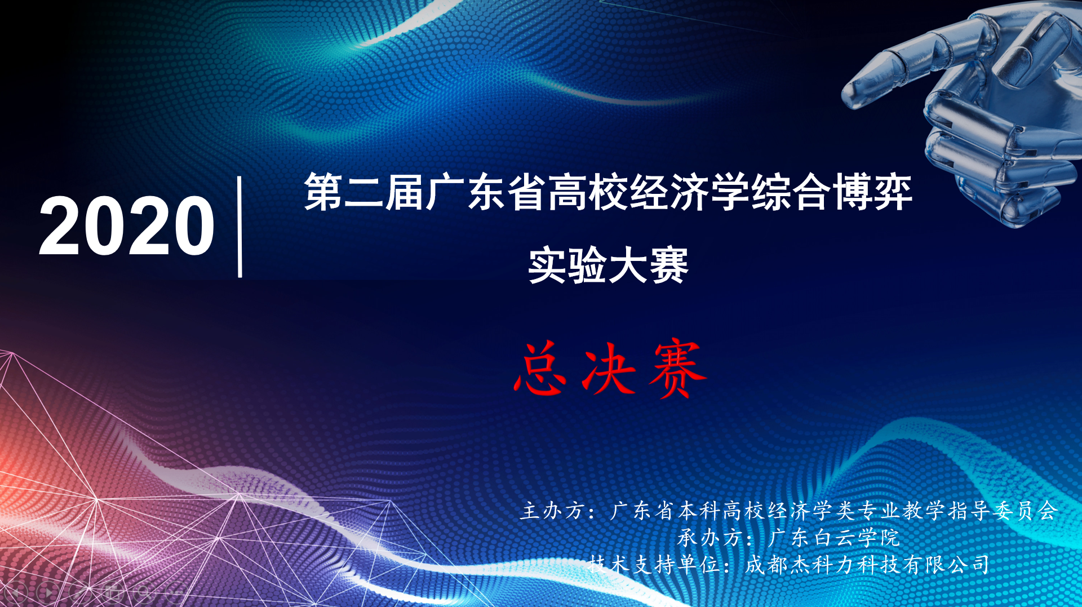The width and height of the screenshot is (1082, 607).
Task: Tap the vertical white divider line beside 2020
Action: [240, 227]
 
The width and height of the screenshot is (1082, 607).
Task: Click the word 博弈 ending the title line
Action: [872, 192]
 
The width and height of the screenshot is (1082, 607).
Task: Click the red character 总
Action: [539, 369]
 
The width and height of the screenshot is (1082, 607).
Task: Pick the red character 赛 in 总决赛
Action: [677, 369]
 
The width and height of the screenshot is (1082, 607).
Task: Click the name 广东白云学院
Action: [833, 538]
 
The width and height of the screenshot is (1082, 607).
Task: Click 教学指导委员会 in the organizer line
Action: [980, 511]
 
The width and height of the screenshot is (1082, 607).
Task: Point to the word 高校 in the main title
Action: [588, 192]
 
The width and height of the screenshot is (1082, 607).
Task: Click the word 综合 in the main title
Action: [791, 192]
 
